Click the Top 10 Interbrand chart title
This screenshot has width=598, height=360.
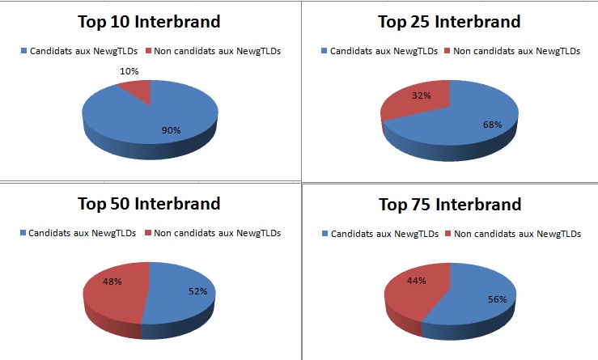coord(149,21)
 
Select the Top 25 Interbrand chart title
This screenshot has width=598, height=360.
coord(449,21)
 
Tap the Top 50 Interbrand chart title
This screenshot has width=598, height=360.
coord(149,203)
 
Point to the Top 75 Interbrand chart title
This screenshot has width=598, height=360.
coord(450,204)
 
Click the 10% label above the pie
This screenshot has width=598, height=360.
coord(129,71)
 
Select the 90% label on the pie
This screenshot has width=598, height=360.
coord(172,130)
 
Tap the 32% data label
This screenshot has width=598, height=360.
coord(422,95)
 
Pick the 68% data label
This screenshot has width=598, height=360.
coord(492,125)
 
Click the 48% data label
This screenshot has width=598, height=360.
coord(112,282)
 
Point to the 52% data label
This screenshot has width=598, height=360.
coord(198,291)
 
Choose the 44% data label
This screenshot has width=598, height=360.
coord(417,281)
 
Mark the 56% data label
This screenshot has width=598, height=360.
coord(498,299)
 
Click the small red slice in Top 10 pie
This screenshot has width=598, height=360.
coord(138,90)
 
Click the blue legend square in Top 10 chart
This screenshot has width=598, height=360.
coord(23,51)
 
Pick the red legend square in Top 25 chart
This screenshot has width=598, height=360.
coord(447,51)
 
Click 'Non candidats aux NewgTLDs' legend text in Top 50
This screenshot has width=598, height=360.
coord(218,233)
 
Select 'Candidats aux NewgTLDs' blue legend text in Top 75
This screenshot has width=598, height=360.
coord(385,234)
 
